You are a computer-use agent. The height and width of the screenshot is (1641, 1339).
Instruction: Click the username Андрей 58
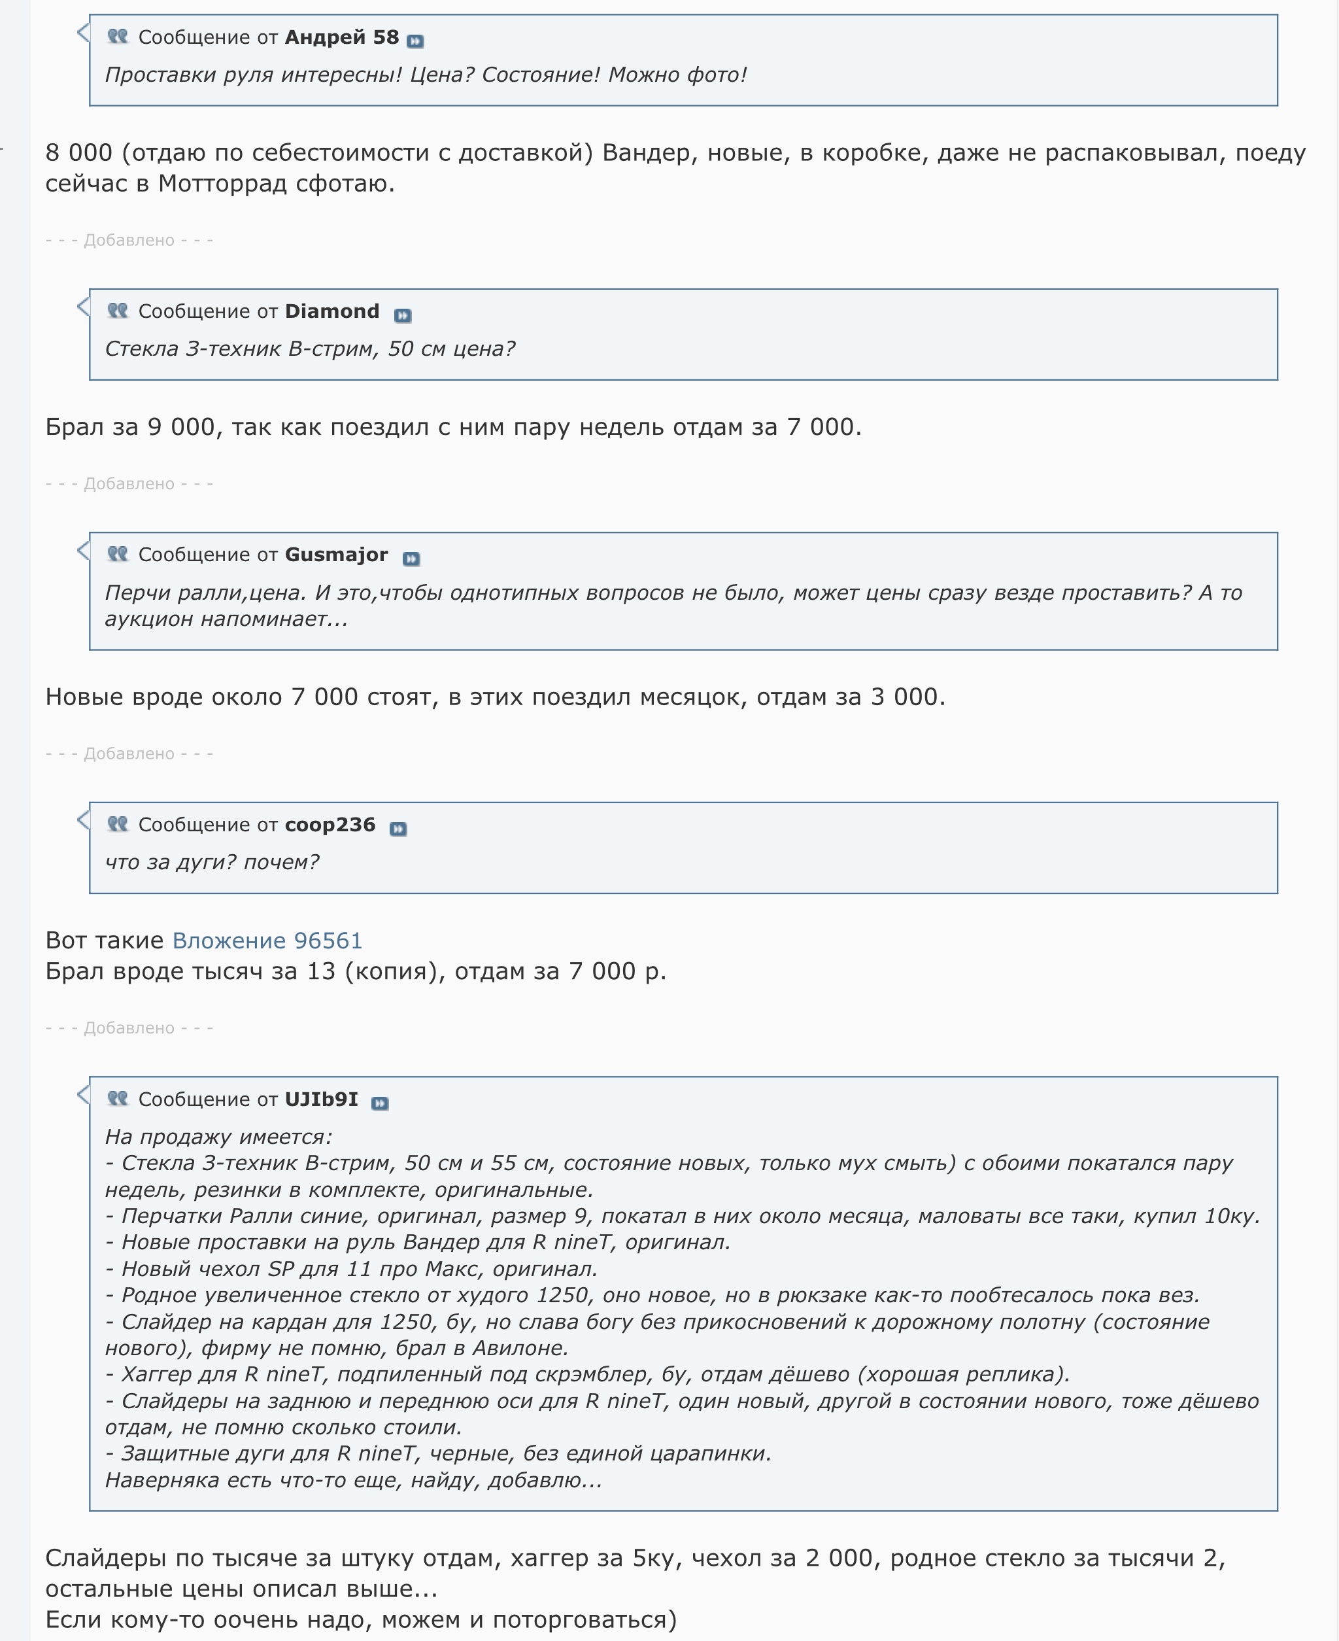tap(342, 37)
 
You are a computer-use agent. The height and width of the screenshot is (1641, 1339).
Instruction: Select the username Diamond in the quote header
tap(331, 311)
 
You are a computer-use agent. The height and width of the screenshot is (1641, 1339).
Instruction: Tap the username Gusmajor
tap(336, 555)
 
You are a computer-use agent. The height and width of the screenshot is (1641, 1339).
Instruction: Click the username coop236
tap(330, 825)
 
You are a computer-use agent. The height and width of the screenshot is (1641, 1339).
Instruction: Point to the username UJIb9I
tap(322, 1099)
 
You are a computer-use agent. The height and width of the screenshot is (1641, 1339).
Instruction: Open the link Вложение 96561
tap(267, 941)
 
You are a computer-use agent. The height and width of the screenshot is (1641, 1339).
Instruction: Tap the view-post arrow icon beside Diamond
tap(403, 315)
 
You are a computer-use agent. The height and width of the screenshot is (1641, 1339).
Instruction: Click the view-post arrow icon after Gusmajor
tap(411, 559)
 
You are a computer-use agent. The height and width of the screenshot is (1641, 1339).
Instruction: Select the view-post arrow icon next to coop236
tap(398, 829)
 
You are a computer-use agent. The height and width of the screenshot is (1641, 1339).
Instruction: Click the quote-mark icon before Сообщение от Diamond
tap(117, 310)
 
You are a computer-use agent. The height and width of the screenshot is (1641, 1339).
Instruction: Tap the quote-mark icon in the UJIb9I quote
tap(117, 1098)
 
